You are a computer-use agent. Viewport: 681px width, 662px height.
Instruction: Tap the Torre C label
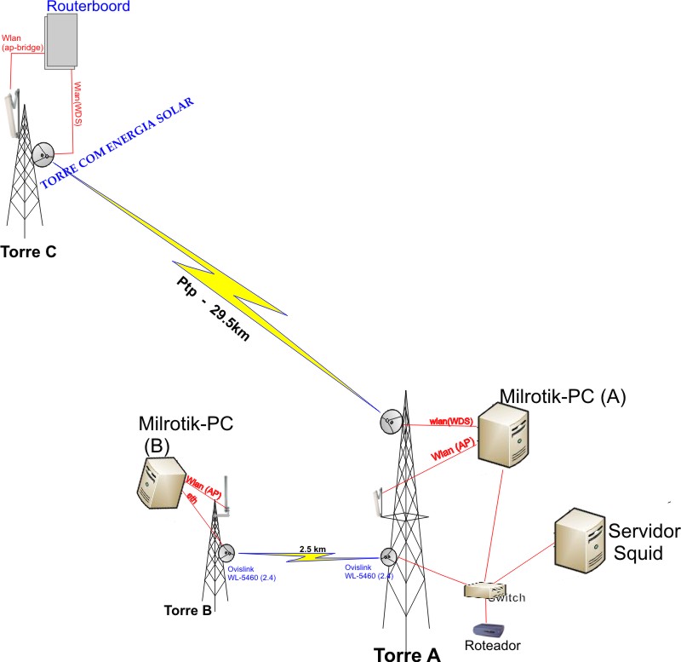(28, 252)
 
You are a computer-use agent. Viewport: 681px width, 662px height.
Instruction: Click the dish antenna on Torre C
(43, 154)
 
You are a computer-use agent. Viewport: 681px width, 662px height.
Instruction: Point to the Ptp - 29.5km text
(213, 308)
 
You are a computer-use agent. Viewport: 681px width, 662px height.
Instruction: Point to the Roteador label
(492, 647)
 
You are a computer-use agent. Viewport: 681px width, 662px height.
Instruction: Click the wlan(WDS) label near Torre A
(451, 421)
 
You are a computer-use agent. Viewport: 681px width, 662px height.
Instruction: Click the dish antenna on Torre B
(226, 551)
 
